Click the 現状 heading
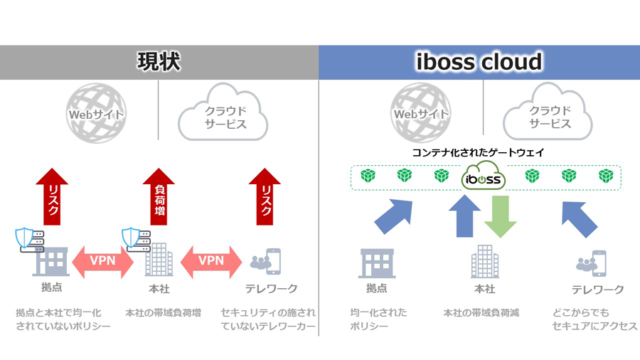click(159, 62)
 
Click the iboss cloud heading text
click(479, 62)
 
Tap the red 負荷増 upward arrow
click(159, 196)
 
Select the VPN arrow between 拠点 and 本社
click(103, 262)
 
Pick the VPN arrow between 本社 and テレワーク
click(211, 262)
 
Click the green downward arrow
click(501, 216)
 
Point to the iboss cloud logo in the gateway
click(484, 176)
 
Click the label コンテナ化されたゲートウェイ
click(478, 153)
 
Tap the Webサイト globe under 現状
click(96, 113)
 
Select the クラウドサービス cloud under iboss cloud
click(548, 112)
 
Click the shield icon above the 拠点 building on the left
click(24, 238)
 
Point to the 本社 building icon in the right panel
click(485, 261)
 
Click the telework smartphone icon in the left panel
click(272, 261)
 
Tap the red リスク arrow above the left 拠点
click(52, 196)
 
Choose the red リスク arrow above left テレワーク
click(265, 196)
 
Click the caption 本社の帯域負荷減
click(481, 313)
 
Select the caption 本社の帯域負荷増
click(164, 313)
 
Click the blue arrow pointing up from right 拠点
click(393, 216)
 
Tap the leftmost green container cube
click(368, 176)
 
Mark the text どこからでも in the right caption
click(581, 313)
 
